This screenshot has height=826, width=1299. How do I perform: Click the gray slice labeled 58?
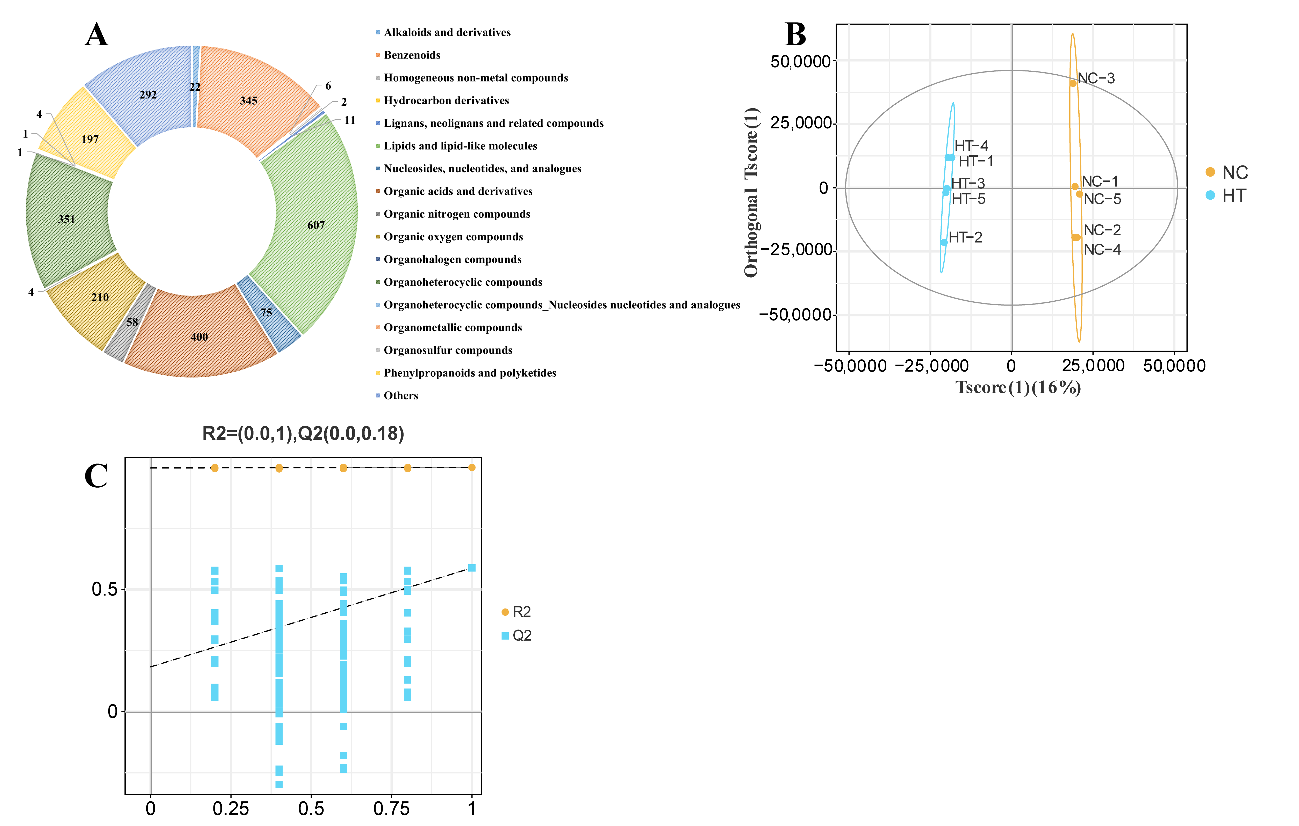click(132, 322)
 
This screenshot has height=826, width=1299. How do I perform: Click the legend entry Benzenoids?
click(412, 55)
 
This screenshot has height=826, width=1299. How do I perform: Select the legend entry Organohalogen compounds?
click(452, 259)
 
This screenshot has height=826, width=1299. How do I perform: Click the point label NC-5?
click(1102, 199)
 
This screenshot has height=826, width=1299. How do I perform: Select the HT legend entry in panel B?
click(1226, 196)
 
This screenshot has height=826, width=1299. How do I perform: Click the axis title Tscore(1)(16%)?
click(1018, 388)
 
